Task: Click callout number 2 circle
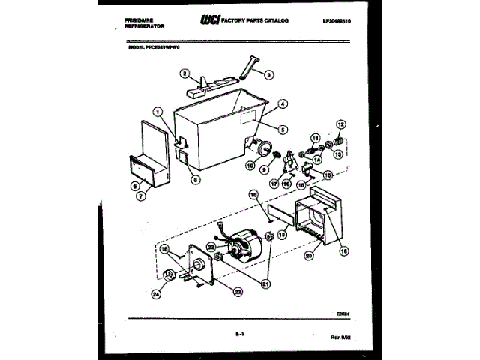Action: (x=183, y=73)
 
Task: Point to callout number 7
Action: (x=141, y=198)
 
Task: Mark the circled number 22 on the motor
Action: (x=211, y=246)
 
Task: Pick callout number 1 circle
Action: (x=157, y=112)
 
